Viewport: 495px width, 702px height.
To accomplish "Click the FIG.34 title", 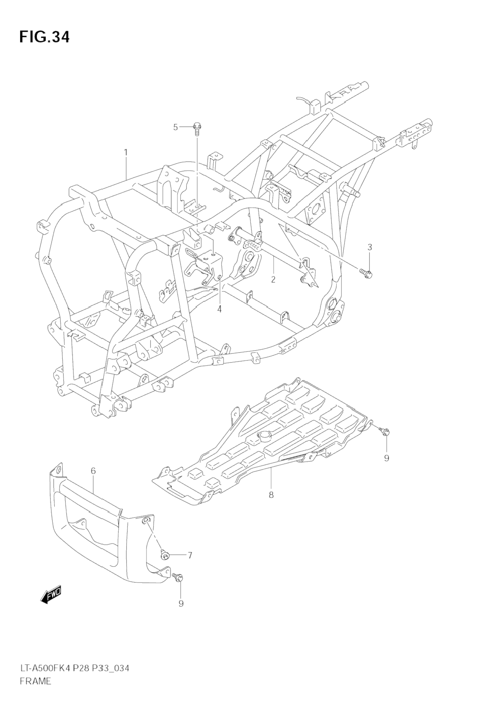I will (44, 37).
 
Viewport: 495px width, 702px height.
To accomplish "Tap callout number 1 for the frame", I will (125, 152).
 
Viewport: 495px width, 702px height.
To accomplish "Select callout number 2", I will (273, 279).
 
